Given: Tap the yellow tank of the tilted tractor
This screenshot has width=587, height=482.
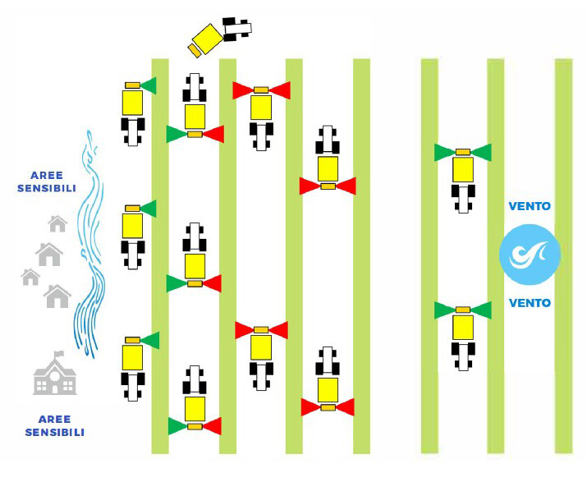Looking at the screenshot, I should tap(207, 38).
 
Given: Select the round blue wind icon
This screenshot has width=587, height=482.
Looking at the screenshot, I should tap(530, 254).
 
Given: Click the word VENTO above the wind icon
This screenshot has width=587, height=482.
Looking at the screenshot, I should tap(530, 207).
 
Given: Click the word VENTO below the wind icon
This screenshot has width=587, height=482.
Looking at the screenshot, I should tap(530, 303).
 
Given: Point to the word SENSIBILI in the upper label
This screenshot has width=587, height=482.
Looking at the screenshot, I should tap(47, 189).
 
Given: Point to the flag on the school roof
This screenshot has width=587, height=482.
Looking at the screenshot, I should tap(57, 355).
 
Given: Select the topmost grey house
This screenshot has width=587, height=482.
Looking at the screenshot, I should tap(57, 223).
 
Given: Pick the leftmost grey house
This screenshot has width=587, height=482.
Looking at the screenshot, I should tap(30, 277).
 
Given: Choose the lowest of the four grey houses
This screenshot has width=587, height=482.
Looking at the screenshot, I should tap(57, 295).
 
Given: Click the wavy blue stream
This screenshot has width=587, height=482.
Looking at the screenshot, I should tap(88, 246).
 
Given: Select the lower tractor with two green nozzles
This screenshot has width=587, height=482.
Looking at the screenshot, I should tap(463, 332).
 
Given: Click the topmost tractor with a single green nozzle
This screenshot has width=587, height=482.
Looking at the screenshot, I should tap(133, 110).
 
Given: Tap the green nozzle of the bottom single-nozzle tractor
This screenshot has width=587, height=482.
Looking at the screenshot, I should tap(149, 340).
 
